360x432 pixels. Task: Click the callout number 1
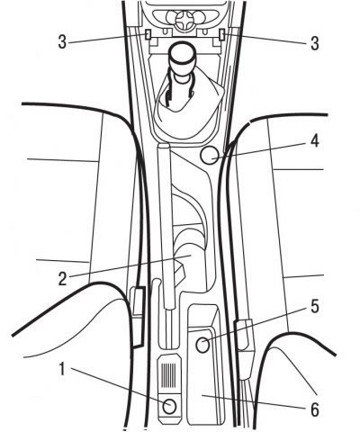62,369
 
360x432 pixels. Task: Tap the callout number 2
62,279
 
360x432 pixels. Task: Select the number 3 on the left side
62,42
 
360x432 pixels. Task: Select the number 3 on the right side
314,43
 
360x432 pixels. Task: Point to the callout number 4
314,141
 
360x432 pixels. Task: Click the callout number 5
314,307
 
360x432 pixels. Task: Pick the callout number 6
314,409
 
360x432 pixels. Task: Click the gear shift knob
182,61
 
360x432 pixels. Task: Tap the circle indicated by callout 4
210,155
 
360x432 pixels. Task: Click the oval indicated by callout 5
202,345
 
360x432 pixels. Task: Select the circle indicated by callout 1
170,407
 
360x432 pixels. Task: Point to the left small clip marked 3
148,35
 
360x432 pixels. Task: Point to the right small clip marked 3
222,35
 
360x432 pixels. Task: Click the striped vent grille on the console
168,375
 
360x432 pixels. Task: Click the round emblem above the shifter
183,22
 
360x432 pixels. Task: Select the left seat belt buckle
138,317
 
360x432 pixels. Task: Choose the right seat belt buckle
244,336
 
